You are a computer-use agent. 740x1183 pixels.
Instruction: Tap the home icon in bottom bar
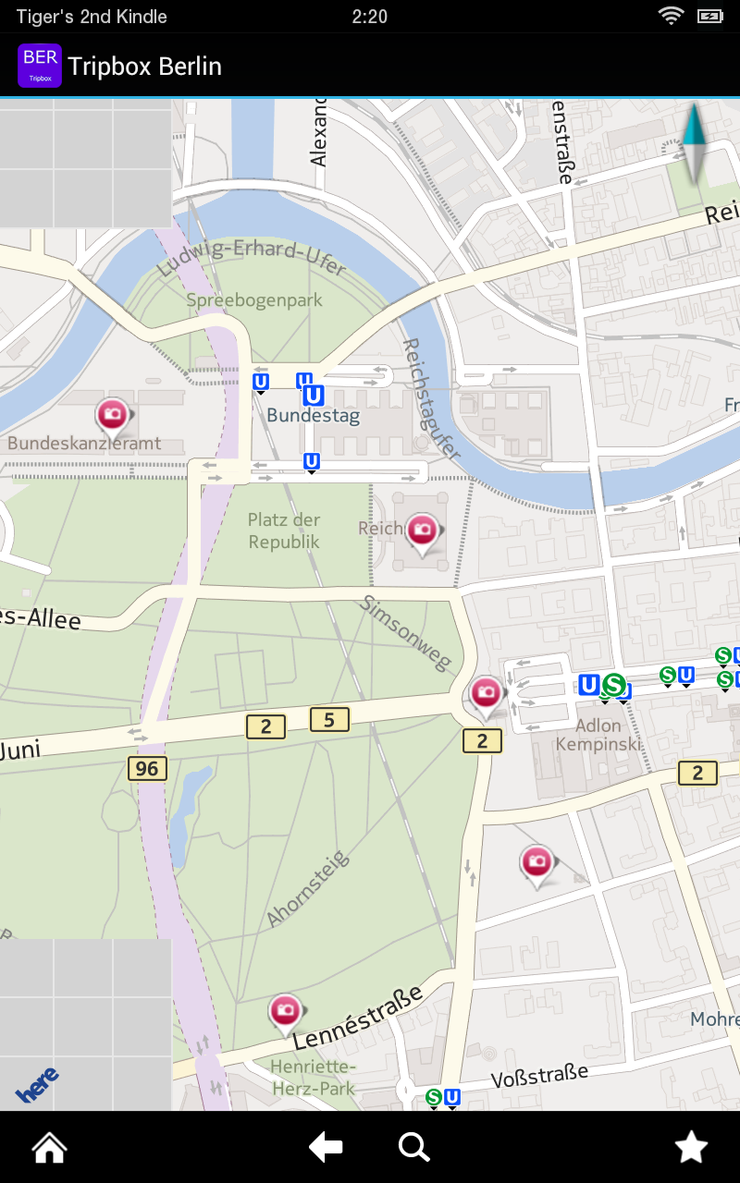tap(49, 1148)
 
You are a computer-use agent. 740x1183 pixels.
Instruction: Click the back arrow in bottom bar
tap(326, 1148)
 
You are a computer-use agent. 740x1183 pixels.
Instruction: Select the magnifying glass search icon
tap(413, 1148)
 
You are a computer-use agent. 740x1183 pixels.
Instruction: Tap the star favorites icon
tap(691, 1148)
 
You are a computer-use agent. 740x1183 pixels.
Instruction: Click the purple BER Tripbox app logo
tap(40, 66)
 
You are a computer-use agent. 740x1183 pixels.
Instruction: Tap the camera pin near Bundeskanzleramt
tap(113, 415)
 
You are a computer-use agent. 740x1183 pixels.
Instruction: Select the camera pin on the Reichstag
tap(423, 531)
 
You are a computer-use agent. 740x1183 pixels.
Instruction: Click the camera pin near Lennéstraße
tap(285, 1010)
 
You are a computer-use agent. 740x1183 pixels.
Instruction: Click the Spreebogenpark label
tap(254, 300)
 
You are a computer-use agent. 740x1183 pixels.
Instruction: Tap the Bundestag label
tap(313, 416)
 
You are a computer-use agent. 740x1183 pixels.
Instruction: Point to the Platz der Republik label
tap(284, 531)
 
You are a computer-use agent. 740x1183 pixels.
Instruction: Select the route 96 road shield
tap(146, 768)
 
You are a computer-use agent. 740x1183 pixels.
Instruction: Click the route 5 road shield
tap(329, 719)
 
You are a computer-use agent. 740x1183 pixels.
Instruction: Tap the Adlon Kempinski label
tap(598, 735)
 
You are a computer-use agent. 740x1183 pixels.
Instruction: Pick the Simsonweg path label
tap(406, 632)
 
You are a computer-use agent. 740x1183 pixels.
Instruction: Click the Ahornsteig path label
tap(309, 888)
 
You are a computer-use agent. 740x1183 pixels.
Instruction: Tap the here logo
tap(37, 1083)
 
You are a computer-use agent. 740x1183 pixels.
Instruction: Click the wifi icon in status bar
tap(670, 16)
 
